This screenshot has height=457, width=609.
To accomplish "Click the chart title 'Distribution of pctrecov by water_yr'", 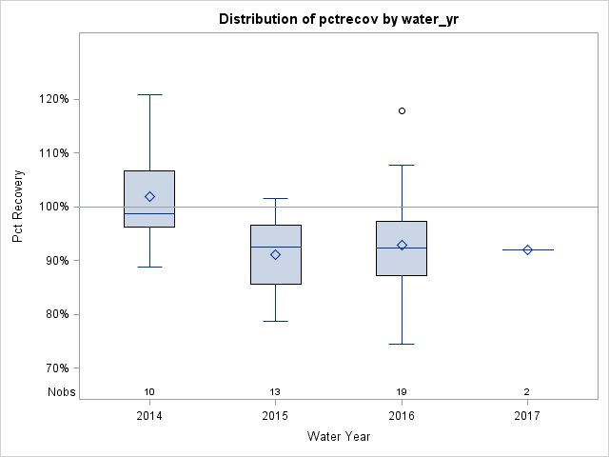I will click(x=338, y=19).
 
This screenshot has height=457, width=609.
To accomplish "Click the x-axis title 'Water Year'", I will click(x=338, y=437).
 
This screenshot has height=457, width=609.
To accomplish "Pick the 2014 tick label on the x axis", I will click(x=149, y=416).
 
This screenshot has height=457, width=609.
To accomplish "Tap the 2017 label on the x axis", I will click(x=527, y=416).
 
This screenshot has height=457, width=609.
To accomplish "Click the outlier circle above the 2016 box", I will click(x=402, y=110).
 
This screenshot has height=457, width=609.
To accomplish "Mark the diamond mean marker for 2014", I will click(x=149, y=196).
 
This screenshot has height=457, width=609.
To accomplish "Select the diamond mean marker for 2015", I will click(x=275, y=254).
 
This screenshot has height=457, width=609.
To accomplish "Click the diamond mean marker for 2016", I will click(x=402, y=245).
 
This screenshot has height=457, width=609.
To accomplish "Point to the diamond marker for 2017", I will click(x=527, y=249).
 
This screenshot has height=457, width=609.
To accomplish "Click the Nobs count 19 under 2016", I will click(x=402, y=392).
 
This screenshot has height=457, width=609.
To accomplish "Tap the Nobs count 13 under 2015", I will click(x=275, y=392).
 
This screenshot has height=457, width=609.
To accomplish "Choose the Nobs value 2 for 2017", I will click(x=527, y=392).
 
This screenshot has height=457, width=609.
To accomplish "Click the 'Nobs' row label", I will click(x=61, y=392).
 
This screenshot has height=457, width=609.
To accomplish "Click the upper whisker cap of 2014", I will click(x=149, y=94).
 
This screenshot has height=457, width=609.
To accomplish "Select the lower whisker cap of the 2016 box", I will click(x=402, y=344).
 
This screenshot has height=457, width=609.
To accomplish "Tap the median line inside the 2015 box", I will click(x=275, y=247).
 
